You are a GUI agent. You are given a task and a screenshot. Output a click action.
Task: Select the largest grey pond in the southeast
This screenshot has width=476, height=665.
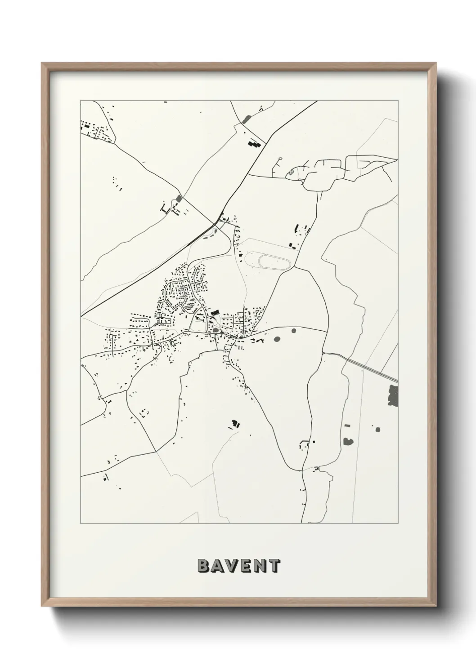pos(348,441)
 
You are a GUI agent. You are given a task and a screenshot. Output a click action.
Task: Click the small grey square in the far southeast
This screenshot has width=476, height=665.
pos(377,430)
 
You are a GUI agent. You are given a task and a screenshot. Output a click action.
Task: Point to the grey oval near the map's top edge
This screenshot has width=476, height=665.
pos(246,119)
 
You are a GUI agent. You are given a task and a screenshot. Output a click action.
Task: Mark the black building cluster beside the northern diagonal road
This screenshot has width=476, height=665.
pos(255,144)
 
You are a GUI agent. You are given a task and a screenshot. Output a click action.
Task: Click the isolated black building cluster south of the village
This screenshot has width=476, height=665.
pos(234,424)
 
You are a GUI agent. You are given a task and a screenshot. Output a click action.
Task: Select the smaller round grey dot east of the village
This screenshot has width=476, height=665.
pos(294,331)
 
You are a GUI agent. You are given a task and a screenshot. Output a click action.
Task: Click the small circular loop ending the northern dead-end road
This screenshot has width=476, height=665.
pos(279,159)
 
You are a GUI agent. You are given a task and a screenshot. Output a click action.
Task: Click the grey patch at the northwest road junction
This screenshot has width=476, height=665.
pos(180,198)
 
